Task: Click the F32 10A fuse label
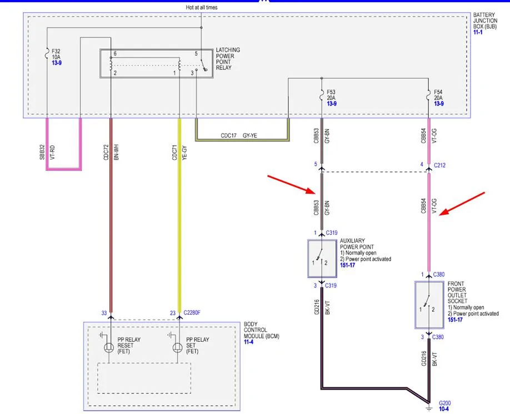(56, 54)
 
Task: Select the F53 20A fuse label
(331, 95)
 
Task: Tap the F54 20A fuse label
(438, 95)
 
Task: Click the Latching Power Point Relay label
(228, 59)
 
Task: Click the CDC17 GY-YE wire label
(239, 135)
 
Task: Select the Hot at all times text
(202, 7)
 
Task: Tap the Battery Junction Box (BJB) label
(484, 21)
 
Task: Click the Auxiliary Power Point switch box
(322, 259)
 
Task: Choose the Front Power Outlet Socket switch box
(429, 305)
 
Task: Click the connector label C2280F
(192, 312)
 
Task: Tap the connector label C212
(439, 165)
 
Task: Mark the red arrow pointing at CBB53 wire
(291, 184)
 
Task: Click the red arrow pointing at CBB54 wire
(462, 204)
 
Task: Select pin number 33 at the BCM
(104, 313)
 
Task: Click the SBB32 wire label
(42, 152)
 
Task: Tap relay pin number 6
(115, 54)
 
